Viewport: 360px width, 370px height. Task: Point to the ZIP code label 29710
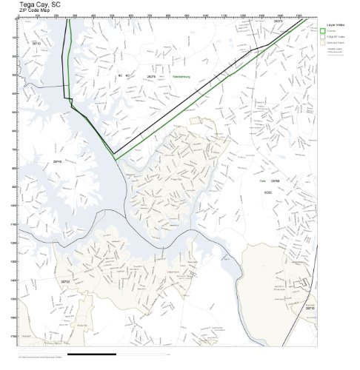pos(36,44)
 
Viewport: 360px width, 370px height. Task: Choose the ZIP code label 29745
pos(57,161)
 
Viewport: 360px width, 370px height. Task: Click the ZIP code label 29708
pos(275,181)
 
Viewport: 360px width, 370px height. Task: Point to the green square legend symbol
pos(323,31)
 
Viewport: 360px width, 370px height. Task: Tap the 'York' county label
pos(262,181)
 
